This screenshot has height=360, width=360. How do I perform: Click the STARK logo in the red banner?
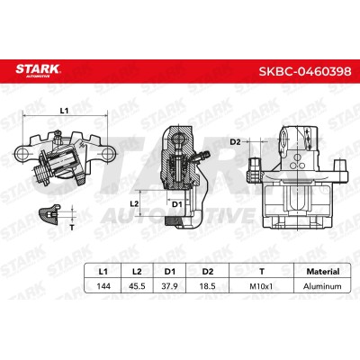pyautogui.click(x=38, y=71)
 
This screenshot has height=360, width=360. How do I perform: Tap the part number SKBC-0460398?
pyautogui.click(x=305, y=71)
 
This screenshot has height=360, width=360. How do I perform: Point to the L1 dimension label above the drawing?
pyautogui.click(x=64, y=111)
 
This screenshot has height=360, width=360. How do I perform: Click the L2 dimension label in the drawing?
pyautogui.click(x=134, y=203)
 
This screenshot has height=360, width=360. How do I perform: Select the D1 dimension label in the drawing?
pyautogui.click(x=177, y=204)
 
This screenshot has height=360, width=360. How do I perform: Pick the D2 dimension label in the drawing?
pyautogui.click(x=235, y=142)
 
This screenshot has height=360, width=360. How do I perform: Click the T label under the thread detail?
pyautogui.click(x=72, y=228)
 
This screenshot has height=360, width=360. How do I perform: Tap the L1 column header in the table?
pyautogui.click(x=103, y=272)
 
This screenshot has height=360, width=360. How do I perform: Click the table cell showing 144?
pyautogui.click(x=103, y=286)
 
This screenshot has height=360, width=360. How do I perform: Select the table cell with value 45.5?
pyautogui.click(x=137, y=286)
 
